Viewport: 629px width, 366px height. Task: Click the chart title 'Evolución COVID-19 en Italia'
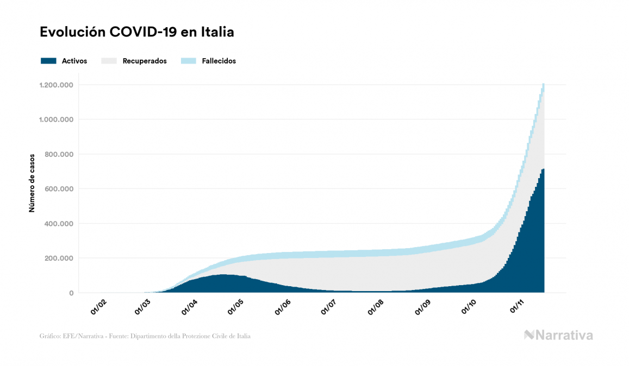click(x=137, y=32)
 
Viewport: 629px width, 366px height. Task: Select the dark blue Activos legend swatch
click(x=48, y=61)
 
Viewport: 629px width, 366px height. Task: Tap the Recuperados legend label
click(x=145, y=61)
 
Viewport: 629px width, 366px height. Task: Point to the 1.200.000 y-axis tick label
click(x=57, y=85)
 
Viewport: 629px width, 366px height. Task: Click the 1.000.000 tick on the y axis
click(x=57, y=119)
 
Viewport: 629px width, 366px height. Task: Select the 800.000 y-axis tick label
click(x=59, y=154)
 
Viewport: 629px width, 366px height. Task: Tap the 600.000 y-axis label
click(x=59, y=189)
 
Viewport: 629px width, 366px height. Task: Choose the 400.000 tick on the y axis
click(x=59, y=224)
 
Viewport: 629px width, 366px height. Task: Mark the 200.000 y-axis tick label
click(x=59, y=258)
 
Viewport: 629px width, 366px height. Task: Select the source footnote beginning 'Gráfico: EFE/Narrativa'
click(x=145, y=336)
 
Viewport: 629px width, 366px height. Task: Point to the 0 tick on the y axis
click(x=71, y=293)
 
